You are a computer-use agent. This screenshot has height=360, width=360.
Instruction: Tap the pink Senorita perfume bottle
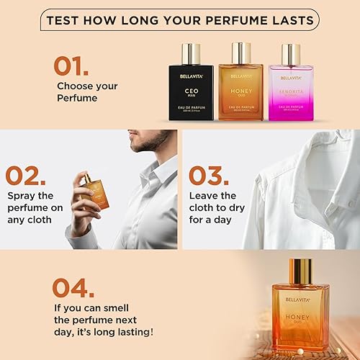click(x=289, y=89)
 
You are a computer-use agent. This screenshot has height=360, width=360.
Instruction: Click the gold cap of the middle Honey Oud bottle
click(x=240, y=53)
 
